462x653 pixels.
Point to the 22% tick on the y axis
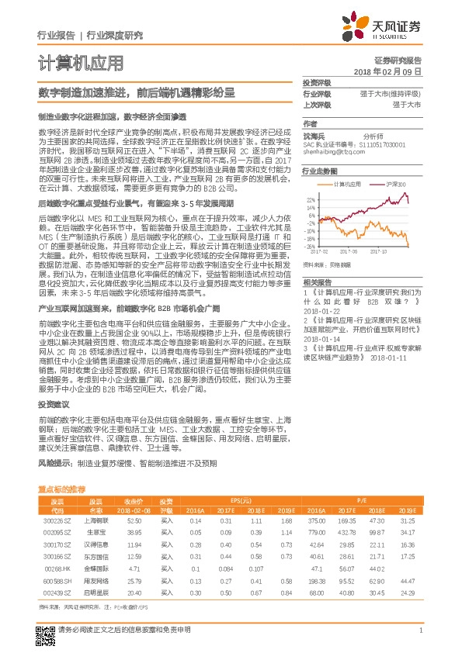point(310,199)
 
